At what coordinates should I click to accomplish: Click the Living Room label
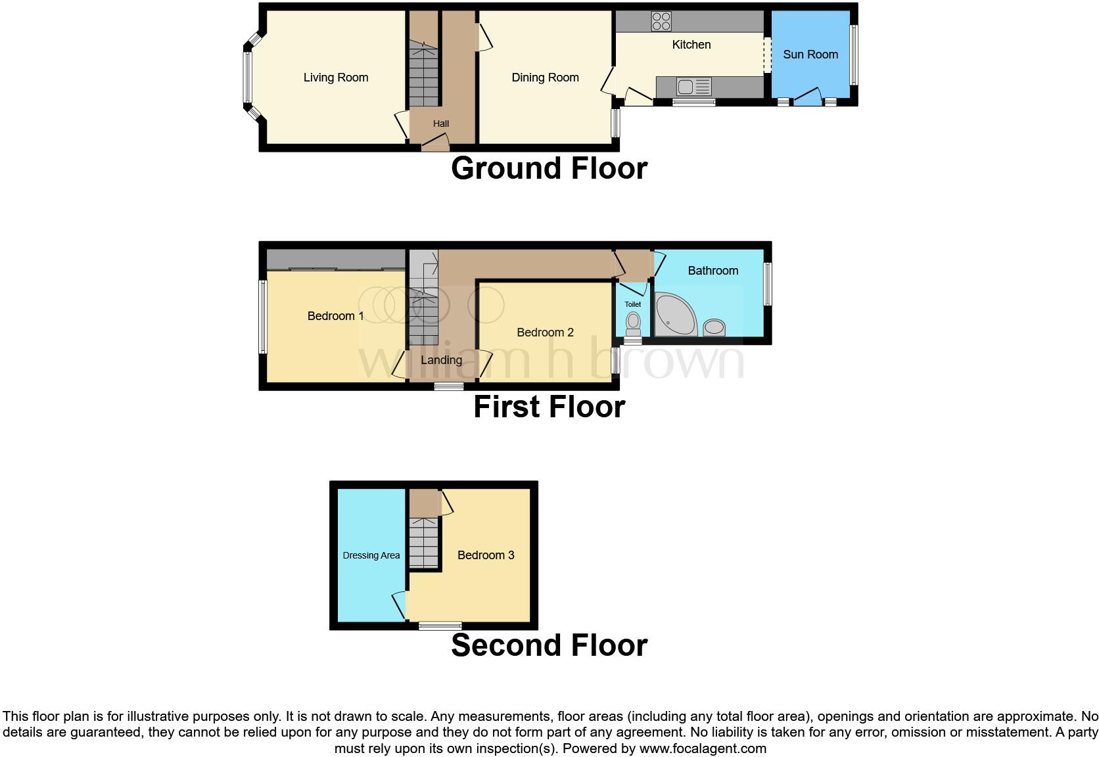(335, 78)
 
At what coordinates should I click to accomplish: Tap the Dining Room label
(545, 78)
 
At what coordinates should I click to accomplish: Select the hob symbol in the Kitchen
(661, 22)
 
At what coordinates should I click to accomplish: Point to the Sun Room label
(810, 55)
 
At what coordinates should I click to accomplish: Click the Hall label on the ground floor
(441, 124)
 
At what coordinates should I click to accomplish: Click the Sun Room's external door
(808, 99)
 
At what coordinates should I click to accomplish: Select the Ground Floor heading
(549, 168)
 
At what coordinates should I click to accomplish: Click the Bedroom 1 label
(335, 316)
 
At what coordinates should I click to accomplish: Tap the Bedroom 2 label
(545, 333)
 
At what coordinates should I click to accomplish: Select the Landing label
(441, 360)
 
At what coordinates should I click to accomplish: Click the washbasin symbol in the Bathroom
(714, 327)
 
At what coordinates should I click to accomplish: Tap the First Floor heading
(549, 407)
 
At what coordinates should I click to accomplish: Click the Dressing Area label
(371, 555)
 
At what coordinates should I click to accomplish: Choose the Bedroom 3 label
(485, 555)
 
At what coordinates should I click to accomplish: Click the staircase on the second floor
(424, 542)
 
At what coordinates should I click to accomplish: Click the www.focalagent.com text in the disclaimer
(703, 748)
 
